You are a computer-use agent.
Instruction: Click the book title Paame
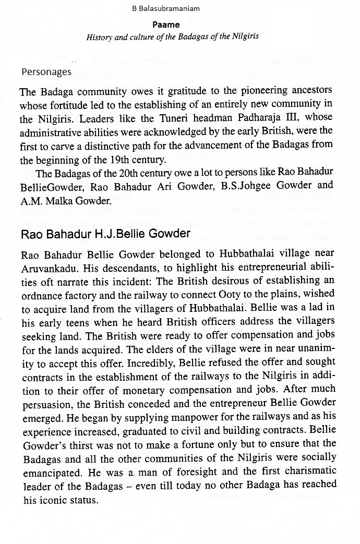tap(166, 25)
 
